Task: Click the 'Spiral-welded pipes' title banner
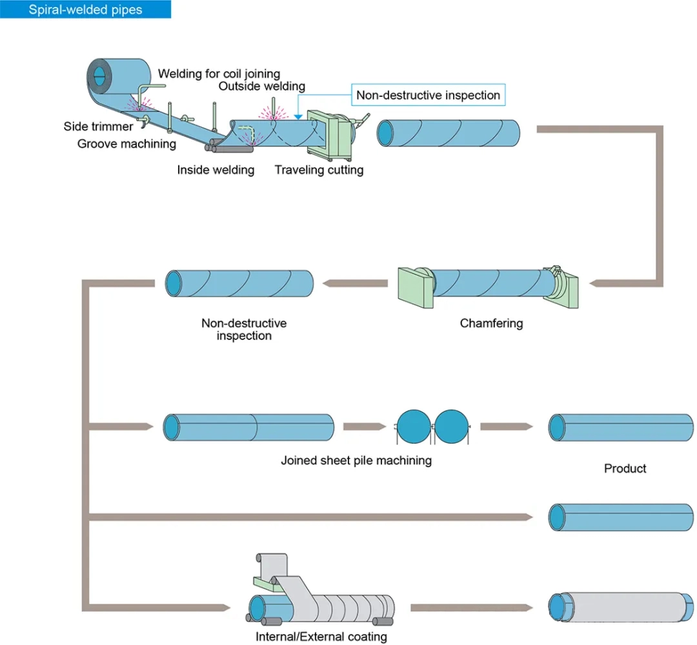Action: point(85,10)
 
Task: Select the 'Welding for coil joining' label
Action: point(219,74)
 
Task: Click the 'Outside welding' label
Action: point(261,86)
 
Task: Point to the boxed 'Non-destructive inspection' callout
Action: point(428,95)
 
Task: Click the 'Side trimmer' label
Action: point(98,126)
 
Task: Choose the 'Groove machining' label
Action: point(126,143)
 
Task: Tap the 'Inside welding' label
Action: point(216,170)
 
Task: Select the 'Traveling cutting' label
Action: point(319,170)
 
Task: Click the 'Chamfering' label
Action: point(491,323)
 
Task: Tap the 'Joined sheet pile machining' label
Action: point(356,461)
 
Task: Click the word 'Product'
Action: point(625,468)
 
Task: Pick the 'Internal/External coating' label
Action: point(321,637)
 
